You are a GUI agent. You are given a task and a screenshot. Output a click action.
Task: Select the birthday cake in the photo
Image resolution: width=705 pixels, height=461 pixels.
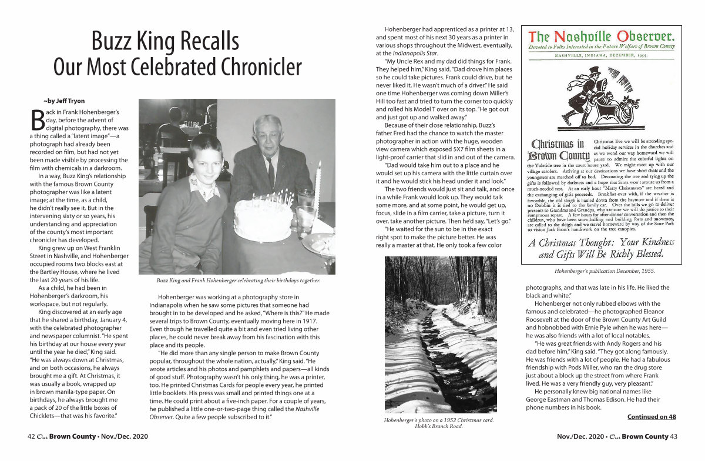coord(263,219)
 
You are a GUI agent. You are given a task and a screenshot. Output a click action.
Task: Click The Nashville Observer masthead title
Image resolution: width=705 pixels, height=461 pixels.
coord(602,36)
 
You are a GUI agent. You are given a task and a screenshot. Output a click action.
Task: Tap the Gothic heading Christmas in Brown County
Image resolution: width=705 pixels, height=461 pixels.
coord(558,150)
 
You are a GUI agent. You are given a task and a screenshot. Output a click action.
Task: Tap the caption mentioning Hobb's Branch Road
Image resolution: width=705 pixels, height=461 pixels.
coord(438,423)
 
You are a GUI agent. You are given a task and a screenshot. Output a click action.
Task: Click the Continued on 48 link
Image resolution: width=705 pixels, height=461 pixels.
coord(652,417)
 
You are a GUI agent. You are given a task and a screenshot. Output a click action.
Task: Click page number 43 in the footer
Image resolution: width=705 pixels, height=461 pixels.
coord(674,437)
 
